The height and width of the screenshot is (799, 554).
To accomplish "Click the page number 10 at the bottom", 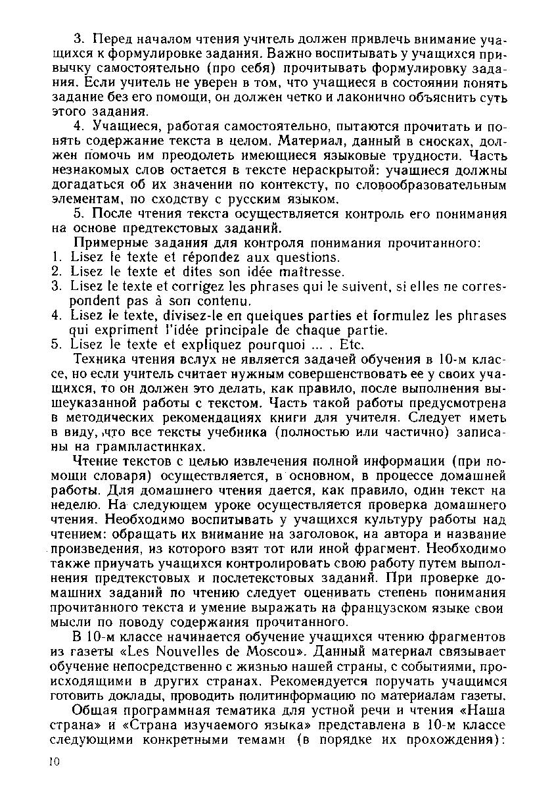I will (x=55, y=761).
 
